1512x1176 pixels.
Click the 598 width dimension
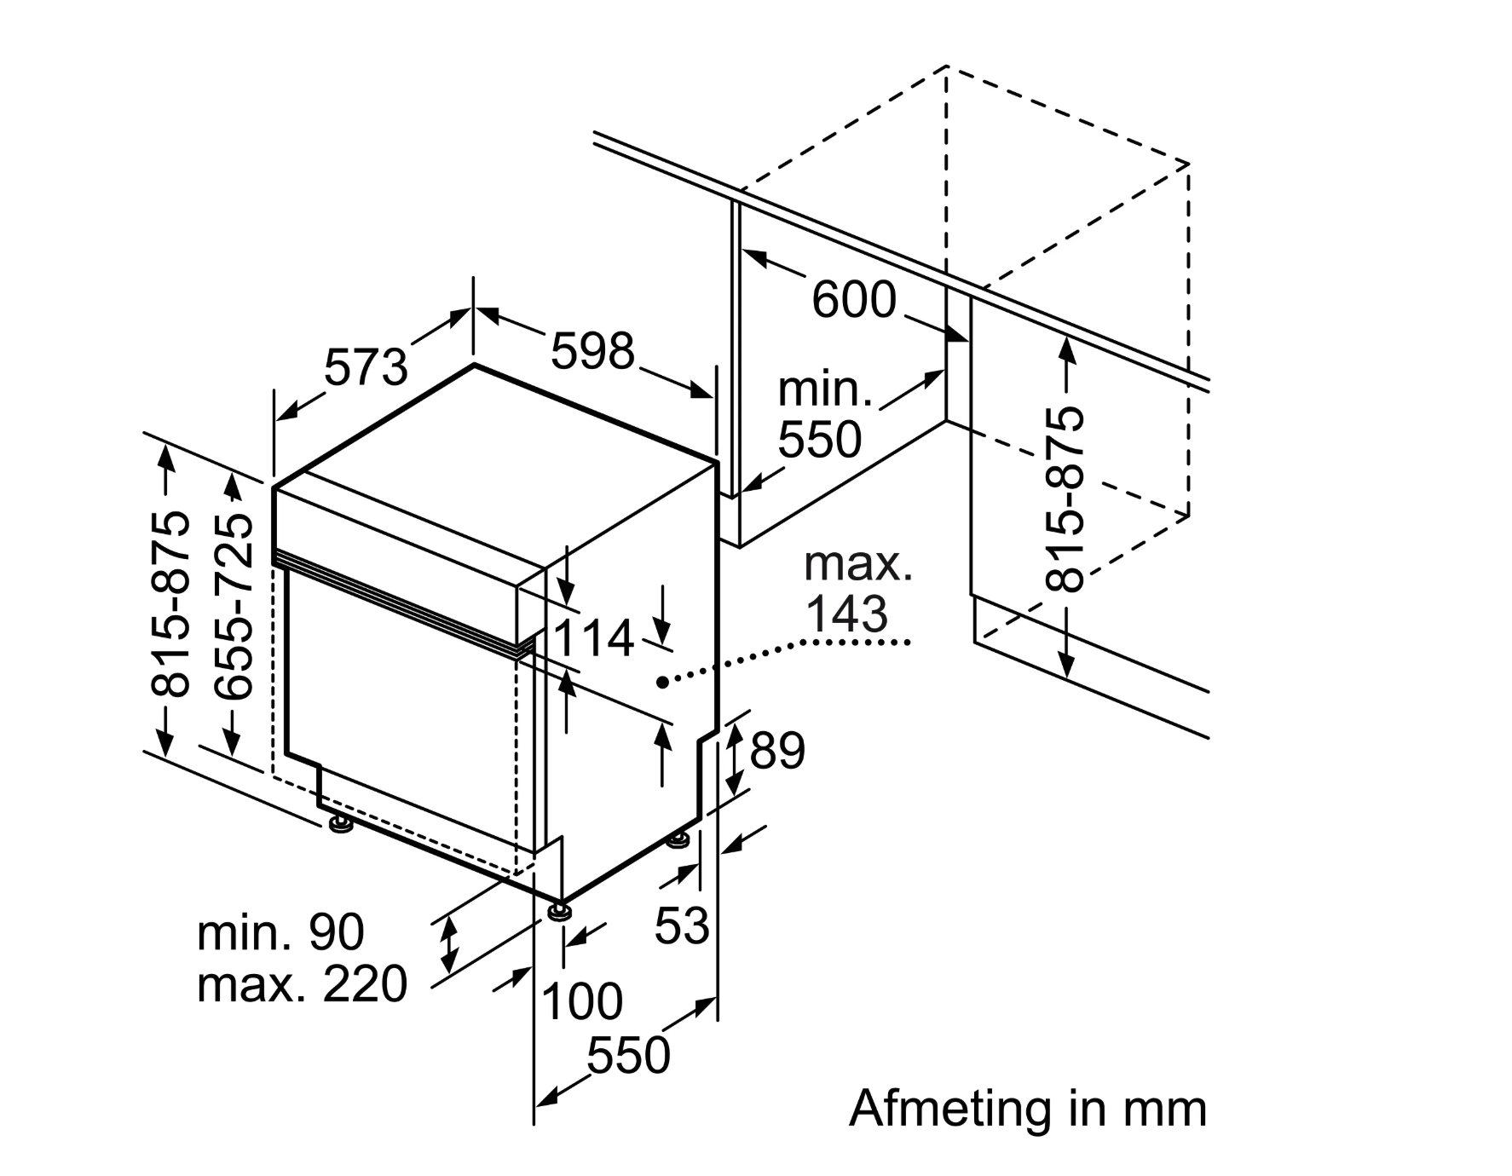[x=593, y=350]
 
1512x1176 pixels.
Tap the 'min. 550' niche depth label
[x=822, y=415]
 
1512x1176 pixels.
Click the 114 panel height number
[x=593, y=638]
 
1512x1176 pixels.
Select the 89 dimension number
[x=776, y=751]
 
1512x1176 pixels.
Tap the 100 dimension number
[x=582, y=1000]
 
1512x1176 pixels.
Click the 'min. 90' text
[x=280, y=932]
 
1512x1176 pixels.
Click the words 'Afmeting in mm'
[x=1028, y=1109]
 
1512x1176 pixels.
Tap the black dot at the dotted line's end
[x=662, y=682]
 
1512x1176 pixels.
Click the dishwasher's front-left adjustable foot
[x=341, y=824]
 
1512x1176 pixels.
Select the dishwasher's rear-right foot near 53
[x=678, y=840]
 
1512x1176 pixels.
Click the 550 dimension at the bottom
[x=628, y=1055]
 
